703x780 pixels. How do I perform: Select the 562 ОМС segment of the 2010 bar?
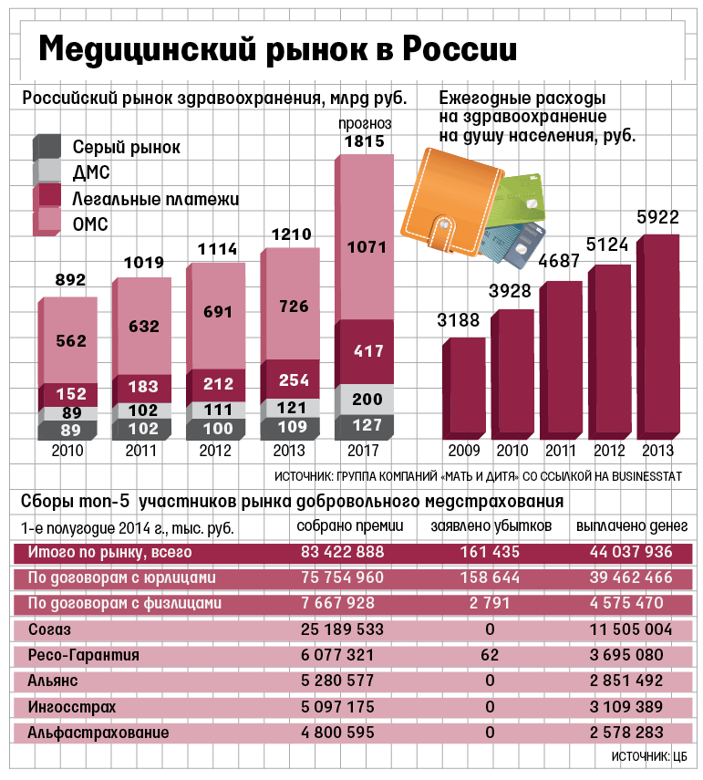(70, 341)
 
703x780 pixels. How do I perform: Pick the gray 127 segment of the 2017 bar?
(365, 424)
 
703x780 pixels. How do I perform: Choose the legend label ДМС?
(91, 172)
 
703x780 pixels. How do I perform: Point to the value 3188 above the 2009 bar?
(459, 320)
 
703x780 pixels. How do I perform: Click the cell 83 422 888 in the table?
(342, 552)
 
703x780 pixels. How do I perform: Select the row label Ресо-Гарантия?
(84, 655)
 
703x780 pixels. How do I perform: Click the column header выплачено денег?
(624, 526)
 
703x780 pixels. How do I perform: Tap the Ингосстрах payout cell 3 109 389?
(625, 707)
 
